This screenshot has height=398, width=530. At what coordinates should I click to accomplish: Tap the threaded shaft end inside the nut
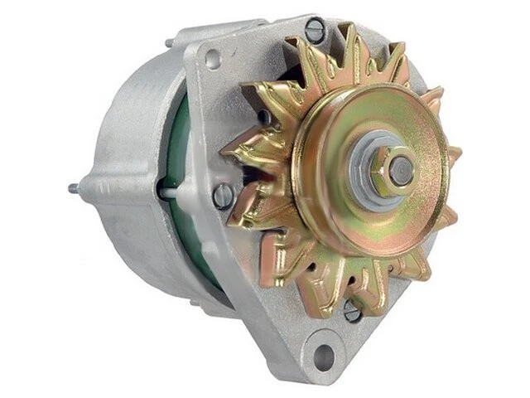[401, 169]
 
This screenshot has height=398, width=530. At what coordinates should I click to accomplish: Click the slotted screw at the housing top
[316, 32]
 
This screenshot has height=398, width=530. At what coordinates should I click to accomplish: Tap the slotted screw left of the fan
[223, 196]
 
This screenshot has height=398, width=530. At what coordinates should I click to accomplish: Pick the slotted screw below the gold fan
[352, 312]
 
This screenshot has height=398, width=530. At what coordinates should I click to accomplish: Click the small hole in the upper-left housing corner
[214, 58]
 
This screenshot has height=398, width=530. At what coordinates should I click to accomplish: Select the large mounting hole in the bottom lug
[324, 356]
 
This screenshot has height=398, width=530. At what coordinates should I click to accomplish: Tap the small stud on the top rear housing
[169, 42]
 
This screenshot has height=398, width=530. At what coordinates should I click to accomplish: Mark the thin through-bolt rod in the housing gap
[168, 194]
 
